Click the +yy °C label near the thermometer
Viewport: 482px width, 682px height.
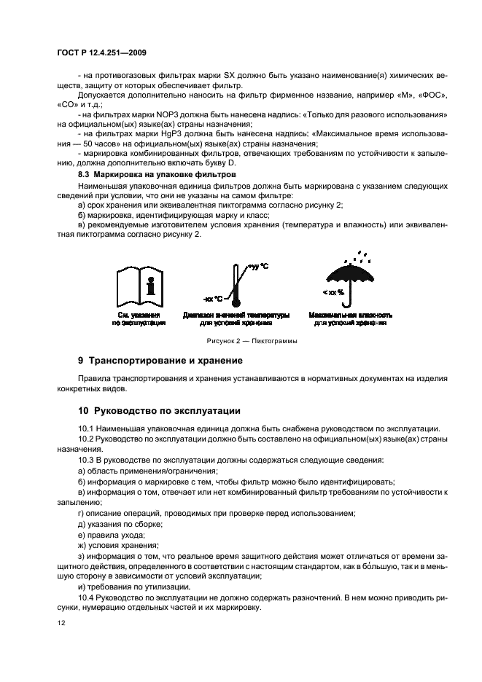[258, 267]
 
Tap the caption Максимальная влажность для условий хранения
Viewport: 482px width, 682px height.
[351, 318]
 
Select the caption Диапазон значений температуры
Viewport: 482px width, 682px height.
[236, 315]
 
